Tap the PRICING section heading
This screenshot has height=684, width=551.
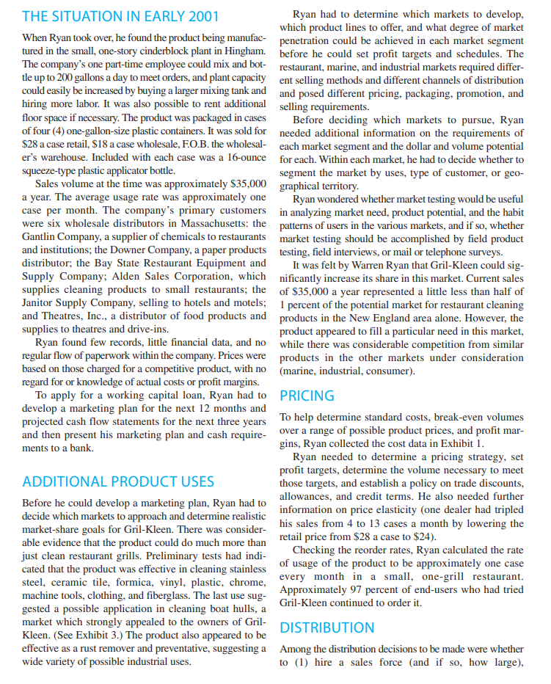tap(307, 396)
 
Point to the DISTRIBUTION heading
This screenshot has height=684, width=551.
tap(327, 627)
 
